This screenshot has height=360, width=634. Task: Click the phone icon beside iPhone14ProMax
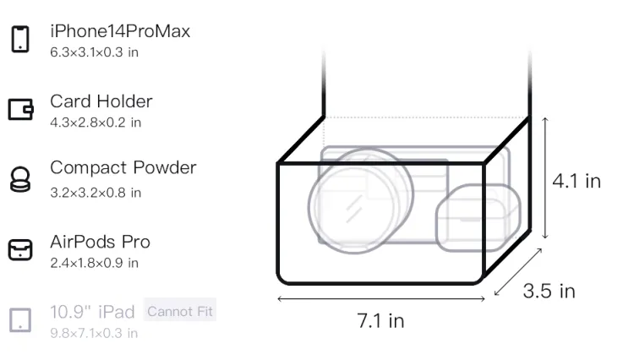[x=20, y=39]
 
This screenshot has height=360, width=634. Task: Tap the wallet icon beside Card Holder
[x=20, y=109]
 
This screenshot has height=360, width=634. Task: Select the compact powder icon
[x=20, y=179]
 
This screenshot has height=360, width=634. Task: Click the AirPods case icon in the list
[x=20, y=249]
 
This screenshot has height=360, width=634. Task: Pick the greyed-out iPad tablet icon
[x=20, y=320]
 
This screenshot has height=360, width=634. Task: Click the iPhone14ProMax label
[x=120, y=31]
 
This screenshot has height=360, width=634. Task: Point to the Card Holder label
[x=101, y=101]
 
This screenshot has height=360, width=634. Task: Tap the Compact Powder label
[x=123, y=167]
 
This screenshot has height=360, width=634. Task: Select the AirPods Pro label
[x=101, y=242]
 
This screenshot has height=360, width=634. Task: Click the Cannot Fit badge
[x=180, y=311]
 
